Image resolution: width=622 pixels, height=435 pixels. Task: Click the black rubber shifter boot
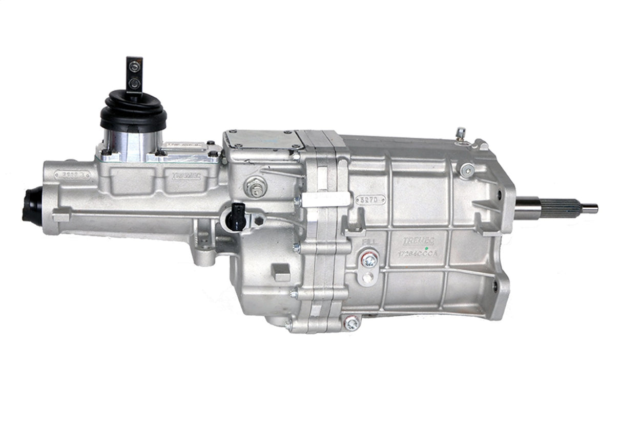click(x=133, y=111)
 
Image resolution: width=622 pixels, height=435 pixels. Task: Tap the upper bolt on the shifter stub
click(x=134, y=66)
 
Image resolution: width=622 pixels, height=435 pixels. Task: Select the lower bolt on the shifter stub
click(x=134, y=82)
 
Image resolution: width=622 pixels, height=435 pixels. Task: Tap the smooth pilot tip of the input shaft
click(x=590, y=208)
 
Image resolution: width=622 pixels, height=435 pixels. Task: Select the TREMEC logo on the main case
click(x=418, y=241)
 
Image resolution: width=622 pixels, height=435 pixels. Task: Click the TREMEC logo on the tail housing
click(x=187, y=176)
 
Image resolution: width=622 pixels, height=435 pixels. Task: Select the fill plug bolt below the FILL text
click(x=369, y=259)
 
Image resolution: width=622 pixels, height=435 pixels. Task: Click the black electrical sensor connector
click(x=237, y=215)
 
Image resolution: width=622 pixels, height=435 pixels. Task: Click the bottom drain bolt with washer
click(x=352, y=322)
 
